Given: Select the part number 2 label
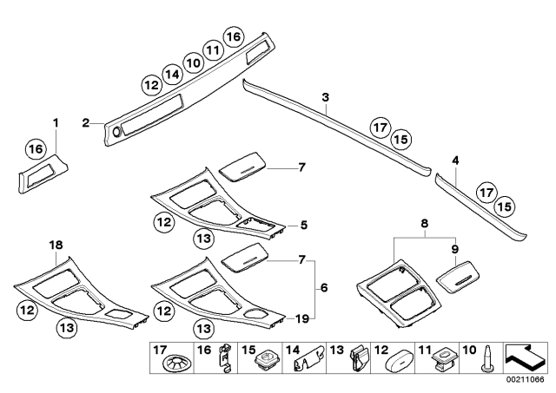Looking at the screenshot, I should click(x=86, y=123).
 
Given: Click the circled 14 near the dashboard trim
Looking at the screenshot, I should click(x=172, y=75).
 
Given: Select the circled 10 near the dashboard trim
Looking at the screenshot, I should click(x=193, y=62).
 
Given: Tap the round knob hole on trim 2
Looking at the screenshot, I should click(x=116, y=132).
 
